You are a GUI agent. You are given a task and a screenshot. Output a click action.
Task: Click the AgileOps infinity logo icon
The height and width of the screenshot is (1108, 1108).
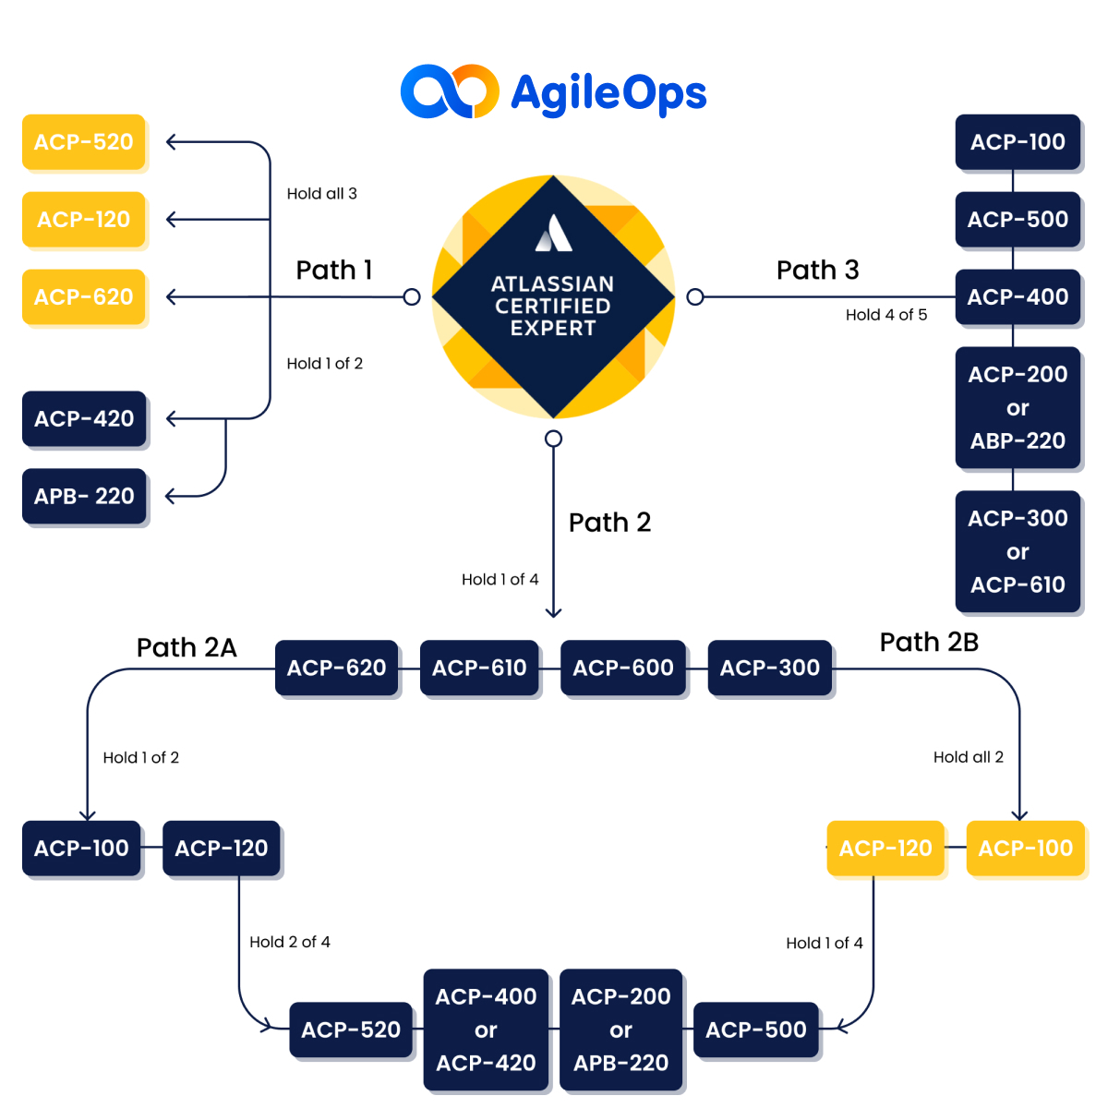450,91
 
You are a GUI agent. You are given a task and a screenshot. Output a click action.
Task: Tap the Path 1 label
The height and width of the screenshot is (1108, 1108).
334,270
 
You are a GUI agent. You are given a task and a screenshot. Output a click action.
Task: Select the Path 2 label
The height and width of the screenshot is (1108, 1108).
609,522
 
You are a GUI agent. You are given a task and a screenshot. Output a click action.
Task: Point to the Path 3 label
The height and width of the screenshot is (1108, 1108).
817,270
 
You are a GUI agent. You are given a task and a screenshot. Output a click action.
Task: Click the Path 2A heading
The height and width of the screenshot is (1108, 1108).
187,647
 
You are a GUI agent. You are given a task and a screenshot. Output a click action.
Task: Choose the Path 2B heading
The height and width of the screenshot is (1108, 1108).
929,642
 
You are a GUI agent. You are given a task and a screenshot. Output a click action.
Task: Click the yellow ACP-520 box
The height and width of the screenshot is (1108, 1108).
84,142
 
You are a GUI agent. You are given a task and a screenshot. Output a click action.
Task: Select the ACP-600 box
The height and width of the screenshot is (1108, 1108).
623,668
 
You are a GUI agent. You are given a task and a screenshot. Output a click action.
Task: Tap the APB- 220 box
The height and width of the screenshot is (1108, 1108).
84,496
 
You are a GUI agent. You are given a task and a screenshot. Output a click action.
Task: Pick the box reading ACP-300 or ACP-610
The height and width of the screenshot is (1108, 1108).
1018,551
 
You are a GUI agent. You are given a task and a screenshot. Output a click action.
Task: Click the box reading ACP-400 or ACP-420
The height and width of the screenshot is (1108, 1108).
486,1030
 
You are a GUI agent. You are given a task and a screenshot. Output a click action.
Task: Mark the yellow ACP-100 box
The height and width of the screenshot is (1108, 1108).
1025,848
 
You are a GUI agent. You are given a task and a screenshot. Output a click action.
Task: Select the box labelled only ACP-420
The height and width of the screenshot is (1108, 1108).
84,418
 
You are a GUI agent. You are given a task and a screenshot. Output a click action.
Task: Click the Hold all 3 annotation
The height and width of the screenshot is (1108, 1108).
321,193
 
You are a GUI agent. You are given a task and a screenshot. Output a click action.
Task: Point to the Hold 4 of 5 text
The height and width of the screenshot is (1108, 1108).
885,315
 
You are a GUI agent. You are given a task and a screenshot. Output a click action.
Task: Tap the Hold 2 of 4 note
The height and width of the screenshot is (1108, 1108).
289,942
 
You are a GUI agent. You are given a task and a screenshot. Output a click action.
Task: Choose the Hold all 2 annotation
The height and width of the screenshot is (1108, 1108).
968,757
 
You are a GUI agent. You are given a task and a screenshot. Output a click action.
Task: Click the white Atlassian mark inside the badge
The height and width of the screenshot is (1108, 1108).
554,234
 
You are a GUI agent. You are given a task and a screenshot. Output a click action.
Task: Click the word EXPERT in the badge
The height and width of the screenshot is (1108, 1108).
553,328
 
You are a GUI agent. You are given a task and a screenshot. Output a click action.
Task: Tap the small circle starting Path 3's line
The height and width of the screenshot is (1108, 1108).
695,296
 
